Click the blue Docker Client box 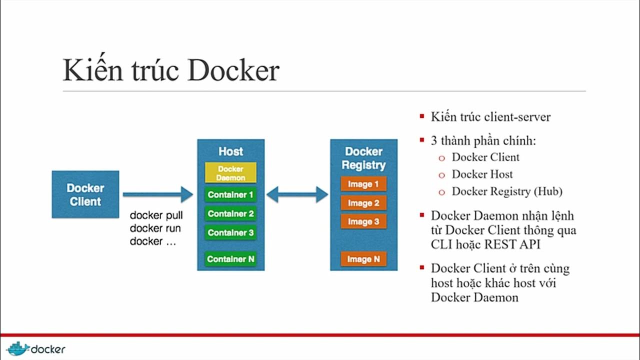click(x=85, y=194)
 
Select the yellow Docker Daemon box click(x=230, y=172)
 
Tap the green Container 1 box click(x=230, y=194)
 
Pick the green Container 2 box click(x=230, y=213)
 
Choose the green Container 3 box click(x=230, y=232)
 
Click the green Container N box click(x=230, y=259)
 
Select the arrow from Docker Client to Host click(x=157, y=194)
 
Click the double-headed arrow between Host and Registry click(x=297, y=194)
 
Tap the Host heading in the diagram click(x=230, y=151)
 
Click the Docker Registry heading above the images click(x=363, y=158)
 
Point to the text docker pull click(x=156, y=215)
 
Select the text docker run click(x=155, y=228)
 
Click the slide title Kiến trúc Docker click(x=170, y=70)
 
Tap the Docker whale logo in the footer click(x=17, y=348)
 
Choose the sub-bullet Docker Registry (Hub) click(x=507, y=191)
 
